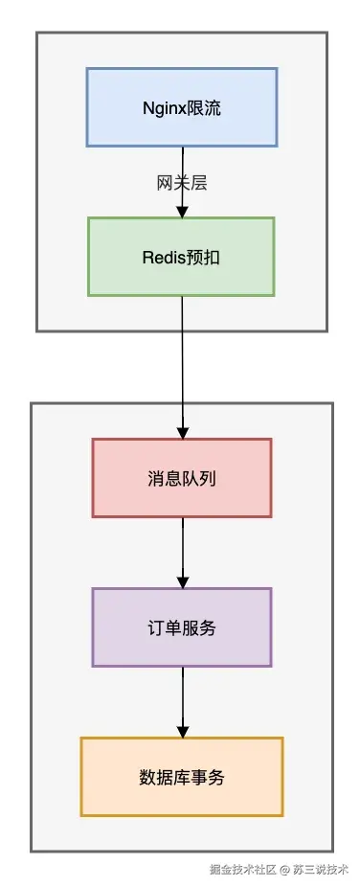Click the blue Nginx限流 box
182,107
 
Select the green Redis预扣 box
182,257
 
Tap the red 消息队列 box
182,477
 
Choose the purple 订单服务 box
182,627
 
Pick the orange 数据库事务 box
182,777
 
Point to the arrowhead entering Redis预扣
182,211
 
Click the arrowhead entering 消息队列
182,432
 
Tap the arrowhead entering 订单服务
182,581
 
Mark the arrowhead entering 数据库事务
182,731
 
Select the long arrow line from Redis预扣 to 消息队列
182,364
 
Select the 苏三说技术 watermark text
320,870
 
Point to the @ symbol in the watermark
284,870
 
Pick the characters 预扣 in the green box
204,257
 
